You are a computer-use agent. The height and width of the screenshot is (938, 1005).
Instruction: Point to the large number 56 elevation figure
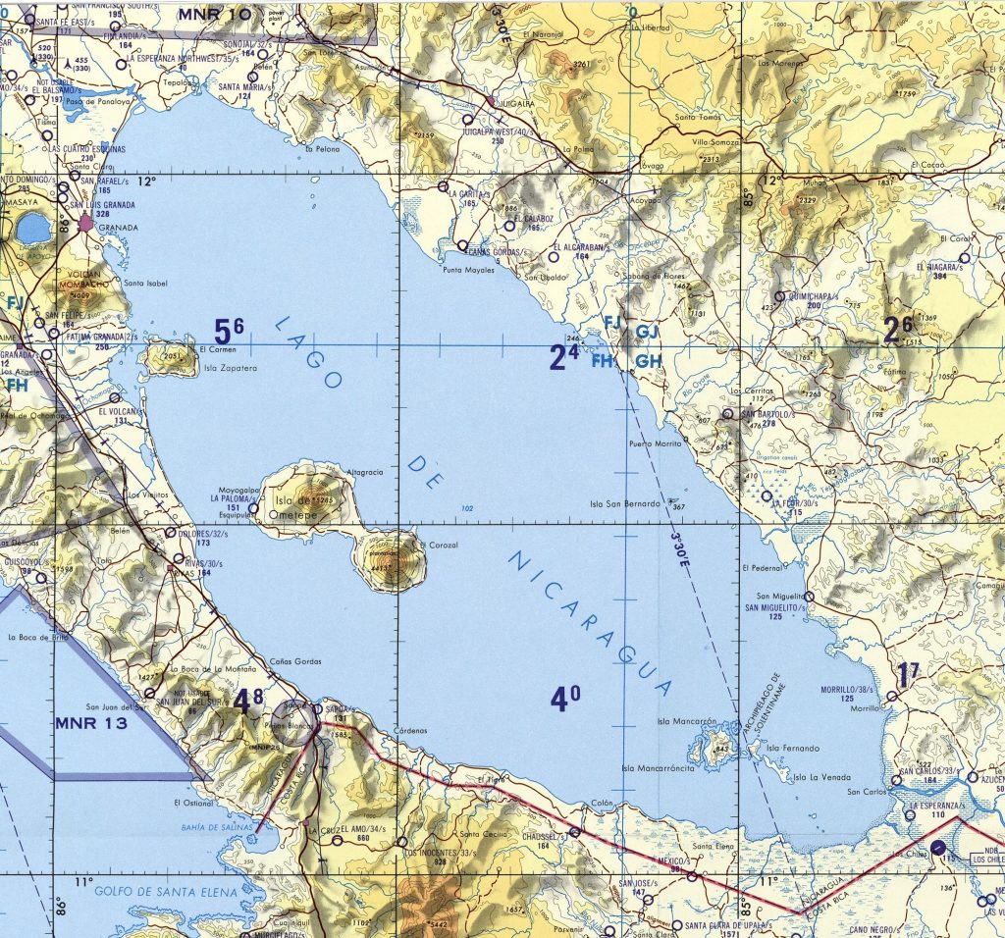coord(229,332)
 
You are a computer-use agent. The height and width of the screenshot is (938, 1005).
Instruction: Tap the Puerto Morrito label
coord(655,444)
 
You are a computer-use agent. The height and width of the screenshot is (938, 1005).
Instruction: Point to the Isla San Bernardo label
coord(624,504)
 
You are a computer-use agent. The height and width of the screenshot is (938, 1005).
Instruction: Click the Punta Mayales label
coord(468,269)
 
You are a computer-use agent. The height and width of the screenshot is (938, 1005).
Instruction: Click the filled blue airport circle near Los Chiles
coord(938,847)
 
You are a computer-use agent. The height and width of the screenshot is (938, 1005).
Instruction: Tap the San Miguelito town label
coord(780,596)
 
